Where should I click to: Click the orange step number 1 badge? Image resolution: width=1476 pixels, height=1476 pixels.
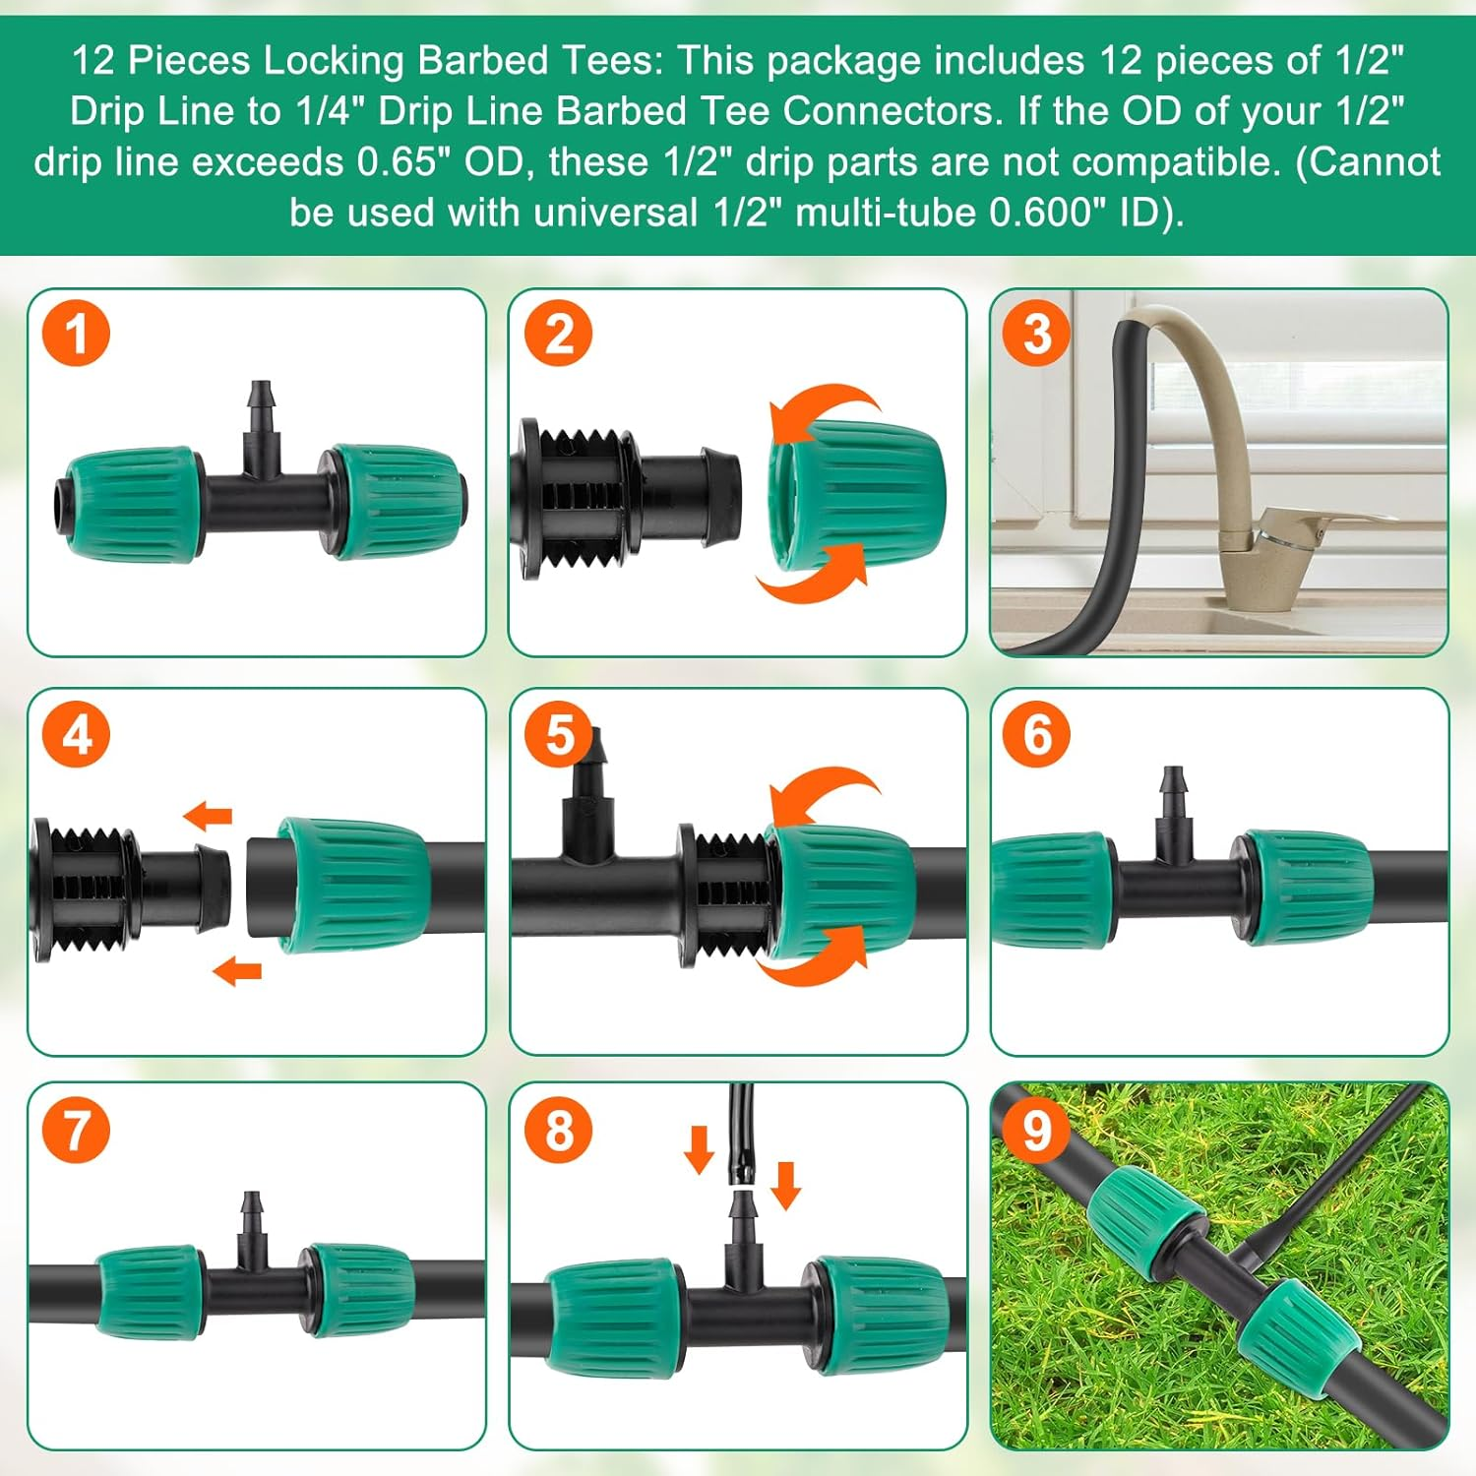(76, 334)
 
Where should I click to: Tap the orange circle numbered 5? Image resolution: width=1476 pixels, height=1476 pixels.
(559, 734)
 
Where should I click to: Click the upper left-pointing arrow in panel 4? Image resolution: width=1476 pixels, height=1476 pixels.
(208, 815)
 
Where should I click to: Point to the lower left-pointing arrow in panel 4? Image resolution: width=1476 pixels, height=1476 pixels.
(237, 971)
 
